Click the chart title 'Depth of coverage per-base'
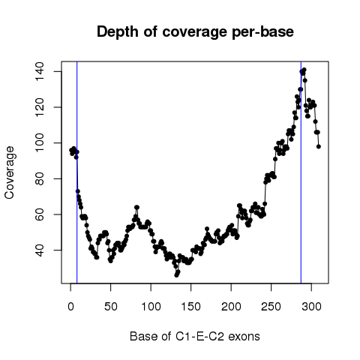195,32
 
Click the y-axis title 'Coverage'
9,172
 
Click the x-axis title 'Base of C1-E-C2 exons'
195,336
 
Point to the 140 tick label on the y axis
40,71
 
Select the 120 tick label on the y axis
40,107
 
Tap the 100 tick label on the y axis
40,143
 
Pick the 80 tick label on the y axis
40,178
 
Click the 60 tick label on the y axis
40,214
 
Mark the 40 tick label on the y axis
40,250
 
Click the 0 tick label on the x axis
70,307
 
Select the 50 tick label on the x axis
111,307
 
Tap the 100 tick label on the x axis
151,307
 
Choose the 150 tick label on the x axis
191,307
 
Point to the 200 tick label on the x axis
231,307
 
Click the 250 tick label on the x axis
271,307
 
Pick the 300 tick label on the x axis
311,307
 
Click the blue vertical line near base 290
301,172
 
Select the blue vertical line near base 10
77,172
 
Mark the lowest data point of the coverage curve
176,275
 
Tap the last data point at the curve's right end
319,146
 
